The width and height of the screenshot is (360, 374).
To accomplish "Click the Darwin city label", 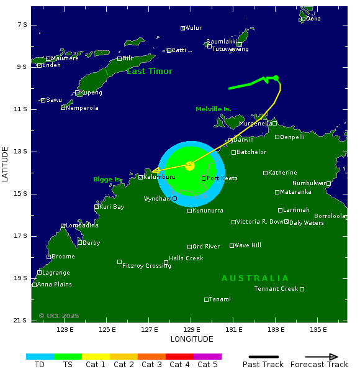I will click(243, 140).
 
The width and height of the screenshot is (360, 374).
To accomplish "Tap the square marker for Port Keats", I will click(204, 178).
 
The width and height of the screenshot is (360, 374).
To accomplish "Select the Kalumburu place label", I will click(159, 177).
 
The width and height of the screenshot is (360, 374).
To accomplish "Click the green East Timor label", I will click(150, 71).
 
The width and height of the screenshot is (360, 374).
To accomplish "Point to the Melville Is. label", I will click(213, 109).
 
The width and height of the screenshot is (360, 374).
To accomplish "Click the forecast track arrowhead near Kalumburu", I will click(155, 170).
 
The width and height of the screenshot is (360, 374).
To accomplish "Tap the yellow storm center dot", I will click(190, 166).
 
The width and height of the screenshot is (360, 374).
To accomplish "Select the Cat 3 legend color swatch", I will click(151, 357).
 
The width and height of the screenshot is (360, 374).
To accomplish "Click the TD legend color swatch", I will click(40, 357).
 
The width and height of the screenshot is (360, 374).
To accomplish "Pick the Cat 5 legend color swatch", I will click(207, 357).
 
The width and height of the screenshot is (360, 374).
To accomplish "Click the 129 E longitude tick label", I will click(190, 329).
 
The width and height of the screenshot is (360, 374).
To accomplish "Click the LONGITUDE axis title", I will click(192, 339).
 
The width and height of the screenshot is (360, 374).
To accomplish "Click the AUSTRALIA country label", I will click(255, 278).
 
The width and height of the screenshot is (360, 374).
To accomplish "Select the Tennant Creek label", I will click(276, 289).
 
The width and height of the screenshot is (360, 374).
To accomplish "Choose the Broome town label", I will click(63, 257).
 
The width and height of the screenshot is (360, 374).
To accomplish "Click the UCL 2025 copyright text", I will click(59, 316).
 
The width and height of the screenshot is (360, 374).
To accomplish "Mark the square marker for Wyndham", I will click(174, 199).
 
